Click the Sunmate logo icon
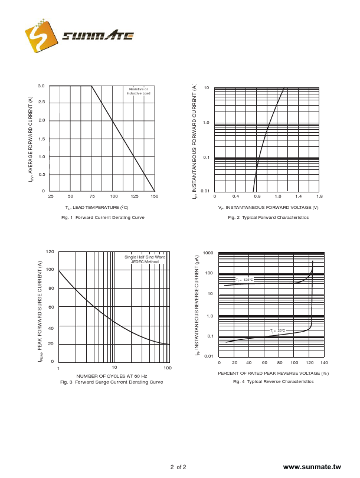pos(41,37)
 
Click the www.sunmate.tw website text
pos(312,467)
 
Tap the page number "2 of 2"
pos(178,467)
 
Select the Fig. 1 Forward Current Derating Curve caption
pos(103,218)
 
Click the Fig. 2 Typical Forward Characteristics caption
pos(268,218)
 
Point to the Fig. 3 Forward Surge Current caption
pos(112,382)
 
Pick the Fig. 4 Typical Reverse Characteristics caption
pos(273,382)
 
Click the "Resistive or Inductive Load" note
pos(138,91)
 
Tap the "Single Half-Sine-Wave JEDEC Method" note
pos(145,259)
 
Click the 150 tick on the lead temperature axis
pos(153,196)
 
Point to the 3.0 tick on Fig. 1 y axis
pos(41,86)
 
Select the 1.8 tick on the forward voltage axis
pos(319,196)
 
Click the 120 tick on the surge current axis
pos(50,252)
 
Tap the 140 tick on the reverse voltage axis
pos(323,363)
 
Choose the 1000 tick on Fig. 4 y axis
pos(208,253)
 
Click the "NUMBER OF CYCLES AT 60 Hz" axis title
pos(112,376)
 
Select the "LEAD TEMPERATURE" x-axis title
pos(97,208)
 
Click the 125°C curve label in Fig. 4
pos(244,280)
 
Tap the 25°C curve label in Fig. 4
pos(277,330)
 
